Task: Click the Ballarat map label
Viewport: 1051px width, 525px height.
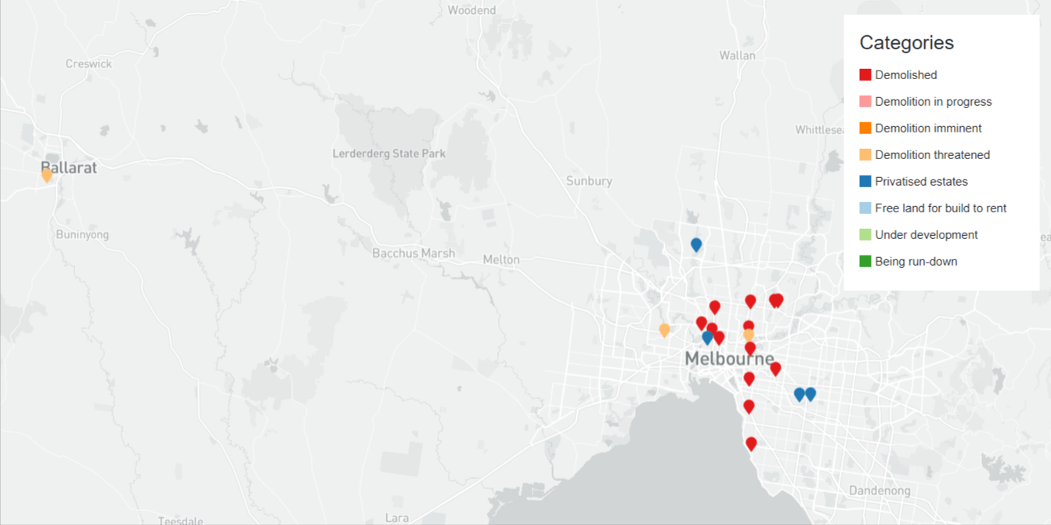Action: (69, 168)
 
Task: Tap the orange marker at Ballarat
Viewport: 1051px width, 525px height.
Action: (47, 175)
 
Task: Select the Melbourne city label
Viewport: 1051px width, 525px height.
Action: (729, 359)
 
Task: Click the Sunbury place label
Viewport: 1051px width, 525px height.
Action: (589, 181)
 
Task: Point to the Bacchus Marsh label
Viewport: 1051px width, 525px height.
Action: (414, 253)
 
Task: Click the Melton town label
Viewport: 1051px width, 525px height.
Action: (501, 259)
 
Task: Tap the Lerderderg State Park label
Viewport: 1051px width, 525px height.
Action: (389, 154)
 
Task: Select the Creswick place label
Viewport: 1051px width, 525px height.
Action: (88, 63)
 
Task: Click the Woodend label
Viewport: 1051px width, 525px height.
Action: (471, 10)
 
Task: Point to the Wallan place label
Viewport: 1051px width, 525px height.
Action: (737, 55)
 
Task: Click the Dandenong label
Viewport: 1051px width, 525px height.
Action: (879, 491)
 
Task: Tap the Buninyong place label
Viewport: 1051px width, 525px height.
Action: (82, 234)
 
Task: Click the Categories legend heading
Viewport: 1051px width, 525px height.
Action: (906, 42)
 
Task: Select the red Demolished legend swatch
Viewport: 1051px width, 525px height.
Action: (865, 75)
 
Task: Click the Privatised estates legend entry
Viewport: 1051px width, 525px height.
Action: (921, 182)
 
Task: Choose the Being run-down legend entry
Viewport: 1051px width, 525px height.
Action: (916, 262)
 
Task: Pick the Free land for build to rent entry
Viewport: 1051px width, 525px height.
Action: (940, 208)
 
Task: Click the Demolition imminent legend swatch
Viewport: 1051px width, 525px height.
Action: (865, 129)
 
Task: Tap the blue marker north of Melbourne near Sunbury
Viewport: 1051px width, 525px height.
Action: (696, 244)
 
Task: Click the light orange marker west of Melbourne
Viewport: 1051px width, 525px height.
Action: (664, 330)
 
